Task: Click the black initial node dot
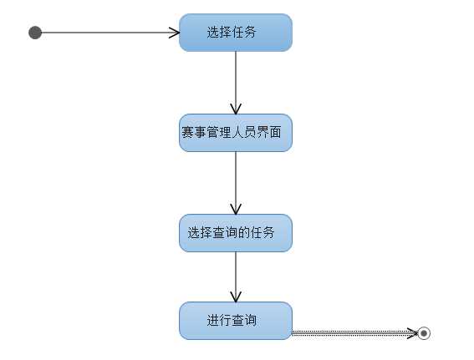pyautogui.click(x=35, y=33)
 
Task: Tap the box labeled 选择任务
pyautogui.click(x=236, y=33)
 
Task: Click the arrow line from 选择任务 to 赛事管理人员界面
pyautogui.click(x=236, y=79)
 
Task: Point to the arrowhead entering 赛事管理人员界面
pyautogui.click(x=236, y=109)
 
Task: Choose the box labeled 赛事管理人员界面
pyautogui.click(x=236, y=133)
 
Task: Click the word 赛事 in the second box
pyautogui.click(x=193, y=133)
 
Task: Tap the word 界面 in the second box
pyautogui.click(x=278, y=133)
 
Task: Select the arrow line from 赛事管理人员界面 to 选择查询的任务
pyautogui.click(x=236, y=180)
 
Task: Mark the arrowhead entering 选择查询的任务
pyautogui.click(x=236, y=210)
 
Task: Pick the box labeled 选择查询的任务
pyautogui.click(x=236, y=233)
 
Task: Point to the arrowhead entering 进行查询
pyautogui.click(x=236, y=297)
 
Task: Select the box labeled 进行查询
pyautogui.click(x=236, y=321)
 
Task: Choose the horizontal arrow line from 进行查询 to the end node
pyautogui.click(x=351, y=333)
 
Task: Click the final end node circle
pyautogui.click(x=424, y=333)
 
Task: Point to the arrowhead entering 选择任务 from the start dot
pyautogui.click(x=175, y=33)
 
